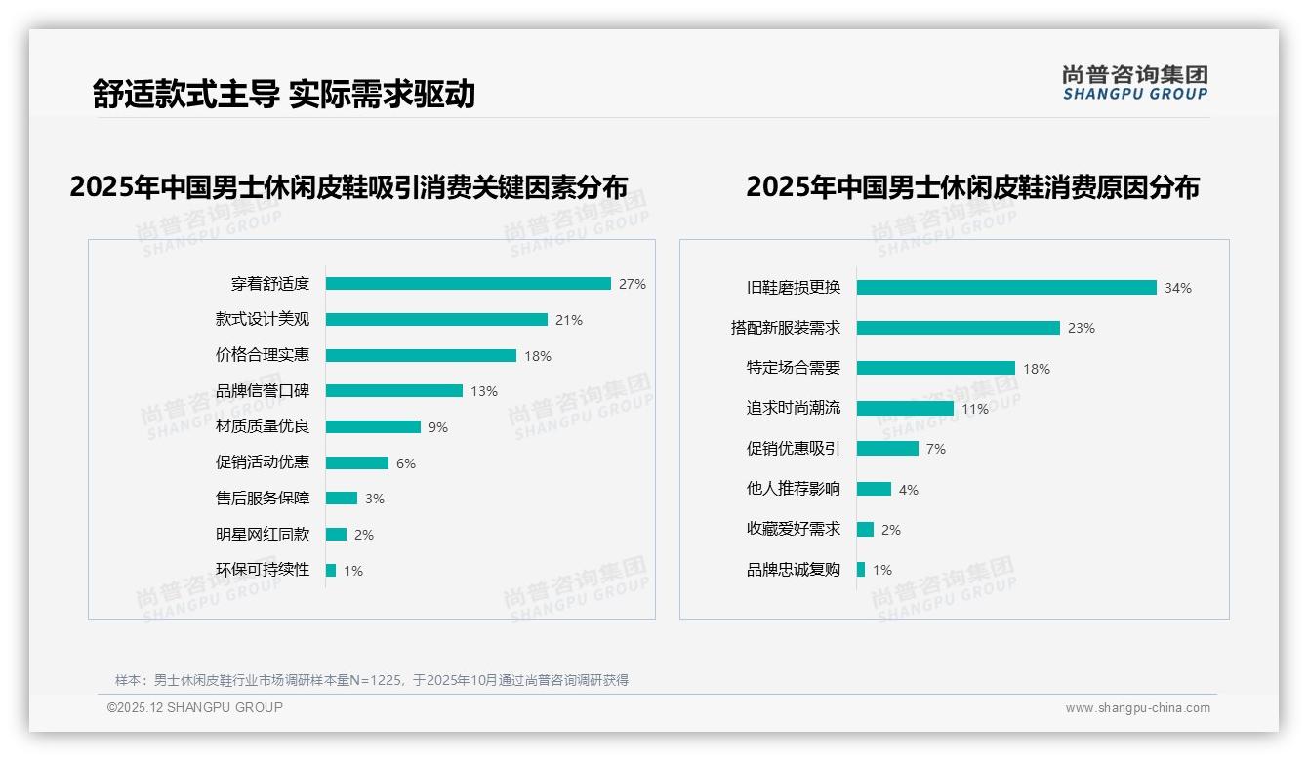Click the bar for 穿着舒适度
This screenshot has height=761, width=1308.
point(468,284)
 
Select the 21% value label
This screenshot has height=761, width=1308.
point(569,320)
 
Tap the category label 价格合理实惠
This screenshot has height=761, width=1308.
point(263,355)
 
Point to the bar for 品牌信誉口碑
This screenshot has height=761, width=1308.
point(394,391)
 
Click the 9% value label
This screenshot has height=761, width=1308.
point(438,427)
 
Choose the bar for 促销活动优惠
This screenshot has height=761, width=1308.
point(357,462)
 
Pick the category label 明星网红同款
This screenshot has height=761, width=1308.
point(263,534)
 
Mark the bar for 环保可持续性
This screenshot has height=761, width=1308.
point(331,570)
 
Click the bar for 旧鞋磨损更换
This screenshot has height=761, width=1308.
point(1006,288)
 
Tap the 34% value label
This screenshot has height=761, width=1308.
point(1178,288)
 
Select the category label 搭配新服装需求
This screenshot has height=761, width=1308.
point(786,328)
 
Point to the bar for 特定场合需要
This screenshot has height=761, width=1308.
point(936,368)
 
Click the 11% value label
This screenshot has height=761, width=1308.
point(975,409)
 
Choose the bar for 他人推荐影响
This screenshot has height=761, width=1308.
point(875,489)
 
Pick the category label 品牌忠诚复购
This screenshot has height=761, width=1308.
point(794,570)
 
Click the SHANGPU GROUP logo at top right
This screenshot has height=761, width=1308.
point(1135,82)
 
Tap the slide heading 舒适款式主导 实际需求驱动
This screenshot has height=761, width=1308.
point(284,94)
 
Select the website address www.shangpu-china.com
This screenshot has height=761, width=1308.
point(1137,708)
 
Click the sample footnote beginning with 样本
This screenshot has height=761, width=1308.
point(372,680)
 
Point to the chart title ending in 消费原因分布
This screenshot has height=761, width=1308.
point(972,186)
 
